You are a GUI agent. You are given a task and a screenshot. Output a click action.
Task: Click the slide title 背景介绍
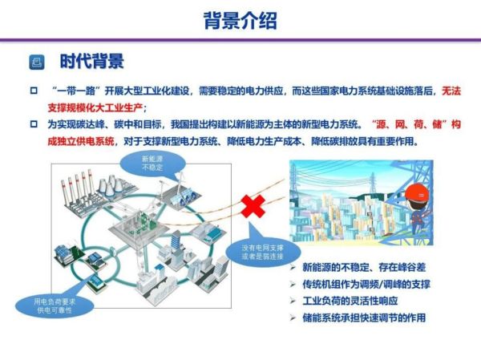(240, 20)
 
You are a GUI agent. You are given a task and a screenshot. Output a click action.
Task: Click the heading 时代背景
(91, 62)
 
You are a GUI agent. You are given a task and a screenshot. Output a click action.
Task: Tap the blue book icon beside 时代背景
(36, 63)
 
